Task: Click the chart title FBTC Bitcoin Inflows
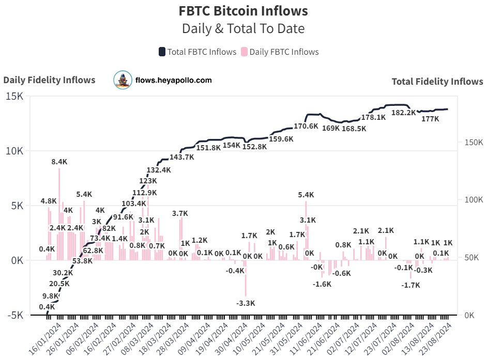pyautogui.click(x=243, y=10)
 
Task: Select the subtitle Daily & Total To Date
pyautogui.click(x=243, y=28)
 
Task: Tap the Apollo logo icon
pyautogui.click(x=123, y=80)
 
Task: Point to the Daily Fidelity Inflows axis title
pyautogui.click(x=50, y=80)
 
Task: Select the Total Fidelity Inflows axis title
pyautogui.click(x=437, y=81)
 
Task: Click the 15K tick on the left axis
pyautogui.click(x=14, y=97)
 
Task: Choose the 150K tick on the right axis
pyautogui.click(x=472, y=142)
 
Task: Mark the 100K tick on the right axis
pyautogui.click(x=472, y=200)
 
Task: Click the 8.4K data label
pyautogui.click(x=59, y=162)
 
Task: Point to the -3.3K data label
pyautogui.click(x=246, y=303)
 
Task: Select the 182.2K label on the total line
pyautogui.click(x=404, y=113)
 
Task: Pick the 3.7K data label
pyautogui.click(x=180, y=213)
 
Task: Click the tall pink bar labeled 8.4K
pyautogui.click(x=59, y=207)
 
